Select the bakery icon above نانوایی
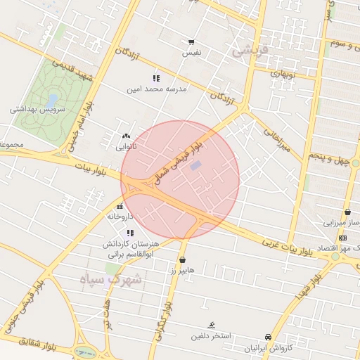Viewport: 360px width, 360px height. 125,136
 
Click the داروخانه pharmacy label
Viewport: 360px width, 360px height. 120,217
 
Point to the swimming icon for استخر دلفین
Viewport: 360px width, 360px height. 212,325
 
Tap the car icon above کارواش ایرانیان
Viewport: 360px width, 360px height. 268,337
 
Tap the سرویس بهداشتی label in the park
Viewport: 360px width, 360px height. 37,110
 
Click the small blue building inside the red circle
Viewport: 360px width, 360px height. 196,165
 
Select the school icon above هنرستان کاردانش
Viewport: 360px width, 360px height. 129,233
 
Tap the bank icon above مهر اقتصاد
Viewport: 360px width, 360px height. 342,238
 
